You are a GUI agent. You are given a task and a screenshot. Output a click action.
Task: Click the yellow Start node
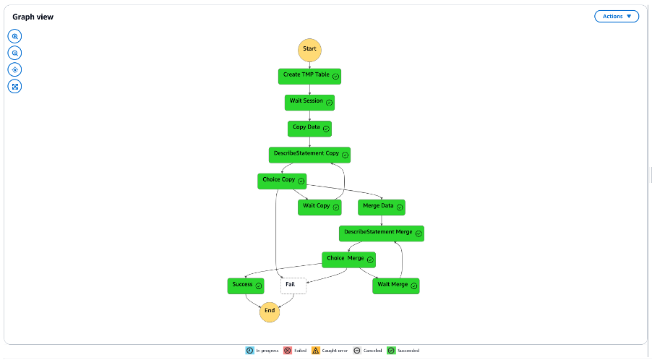(309, 49)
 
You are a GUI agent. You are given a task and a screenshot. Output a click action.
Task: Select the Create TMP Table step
(309, 76)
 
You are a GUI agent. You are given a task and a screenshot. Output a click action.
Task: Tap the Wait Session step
(309, 102)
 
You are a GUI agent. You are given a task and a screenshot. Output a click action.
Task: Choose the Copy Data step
(309, 128)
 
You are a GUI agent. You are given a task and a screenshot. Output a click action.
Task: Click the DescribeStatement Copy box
(309, 155)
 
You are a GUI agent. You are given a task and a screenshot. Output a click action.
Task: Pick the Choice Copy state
(282, 181)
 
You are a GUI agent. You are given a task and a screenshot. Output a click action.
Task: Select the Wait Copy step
(319, 207)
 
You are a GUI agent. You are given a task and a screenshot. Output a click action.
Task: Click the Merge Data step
(382, 207)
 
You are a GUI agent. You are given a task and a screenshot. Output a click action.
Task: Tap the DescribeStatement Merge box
(382, 233)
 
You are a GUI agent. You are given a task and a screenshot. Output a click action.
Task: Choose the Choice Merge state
(348, 259)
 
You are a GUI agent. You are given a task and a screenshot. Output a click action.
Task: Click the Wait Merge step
(396, 286)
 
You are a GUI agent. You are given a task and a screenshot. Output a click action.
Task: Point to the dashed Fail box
(293, 286)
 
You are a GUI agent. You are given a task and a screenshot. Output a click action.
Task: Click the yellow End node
(270, 311)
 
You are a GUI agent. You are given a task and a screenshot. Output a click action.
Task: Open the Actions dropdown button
(616, 16)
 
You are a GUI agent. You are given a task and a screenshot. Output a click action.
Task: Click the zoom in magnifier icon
(14, 36)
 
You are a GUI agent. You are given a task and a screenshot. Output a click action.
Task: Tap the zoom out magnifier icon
(14, 53)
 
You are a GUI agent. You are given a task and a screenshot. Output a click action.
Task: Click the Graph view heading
(33, 17)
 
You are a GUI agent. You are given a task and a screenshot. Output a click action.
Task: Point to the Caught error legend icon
(316, 351)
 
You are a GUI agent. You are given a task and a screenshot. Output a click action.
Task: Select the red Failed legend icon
(287, 351)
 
